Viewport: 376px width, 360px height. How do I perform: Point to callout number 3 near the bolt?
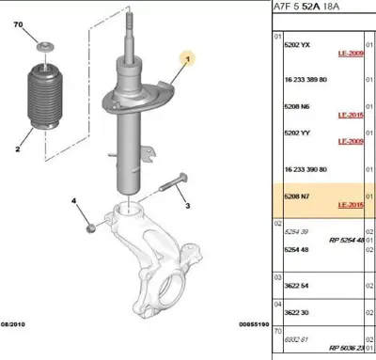(187, 206)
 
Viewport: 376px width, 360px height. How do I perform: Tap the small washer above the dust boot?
(43, 48)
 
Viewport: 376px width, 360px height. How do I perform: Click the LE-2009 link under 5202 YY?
(351, 141)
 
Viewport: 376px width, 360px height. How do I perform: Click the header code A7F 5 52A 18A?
(311, 6)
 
